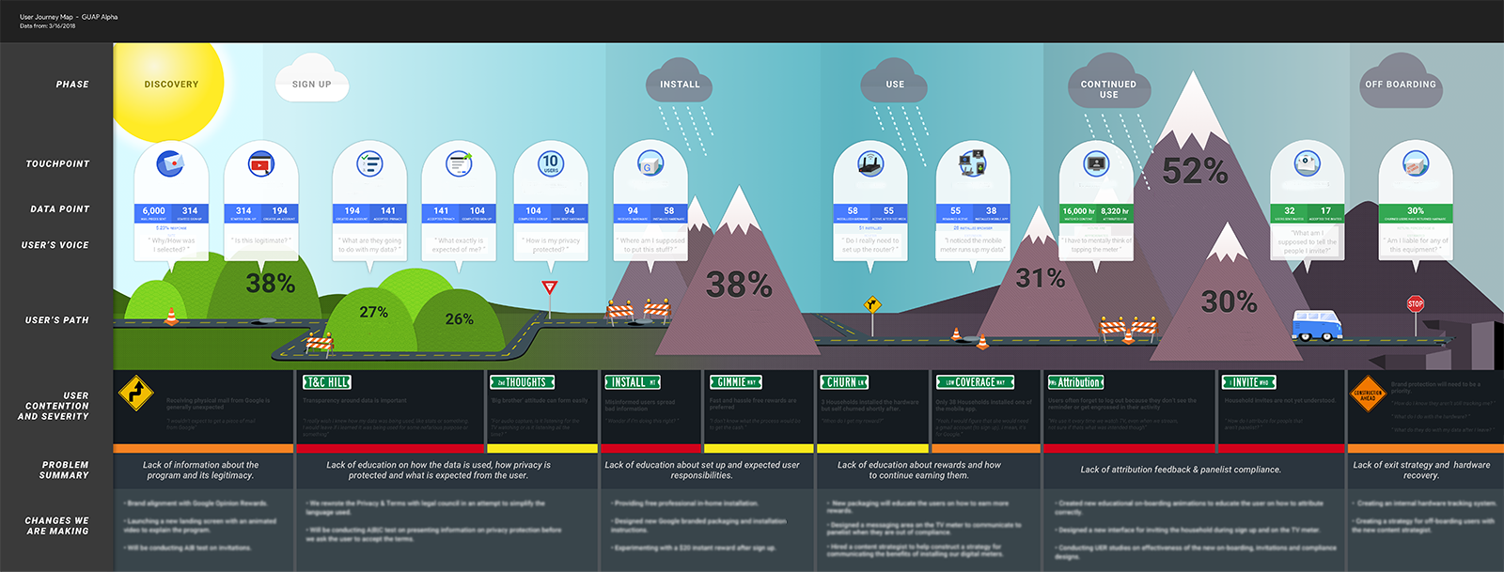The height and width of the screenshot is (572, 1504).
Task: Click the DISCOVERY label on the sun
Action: tap(171, 85)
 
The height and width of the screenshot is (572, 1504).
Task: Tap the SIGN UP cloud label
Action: tap(311, 85)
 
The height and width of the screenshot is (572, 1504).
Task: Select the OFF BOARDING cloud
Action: tap(1400, 85)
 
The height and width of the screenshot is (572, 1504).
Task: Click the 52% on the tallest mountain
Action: tap(1195, 171)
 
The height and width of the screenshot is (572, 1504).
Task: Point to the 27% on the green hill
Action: tap(373, 312)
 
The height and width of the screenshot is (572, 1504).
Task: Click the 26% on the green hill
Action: tap(459, 319)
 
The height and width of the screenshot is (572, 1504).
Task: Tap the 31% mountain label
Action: tap(1040, 278)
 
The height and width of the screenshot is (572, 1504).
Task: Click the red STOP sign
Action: tap(1415, 303)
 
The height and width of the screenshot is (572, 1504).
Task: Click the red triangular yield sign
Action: tap(550, 287)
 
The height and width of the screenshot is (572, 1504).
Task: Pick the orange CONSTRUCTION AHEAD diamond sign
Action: tap(1367, 395)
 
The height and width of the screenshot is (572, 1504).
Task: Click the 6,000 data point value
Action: tap(154, 211)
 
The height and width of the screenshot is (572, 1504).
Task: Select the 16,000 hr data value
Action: tap(1078, 211)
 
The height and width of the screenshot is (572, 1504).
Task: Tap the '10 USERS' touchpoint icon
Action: tap(550, 163)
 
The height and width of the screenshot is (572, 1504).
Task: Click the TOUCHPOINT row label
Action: tap(57, 164)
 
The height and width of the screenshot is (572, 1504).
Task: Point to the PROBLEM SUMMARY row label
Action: tap(65, 471)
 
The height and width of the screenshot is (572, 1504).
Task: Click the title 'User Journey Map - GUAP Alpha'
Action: tap(69, 17)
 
